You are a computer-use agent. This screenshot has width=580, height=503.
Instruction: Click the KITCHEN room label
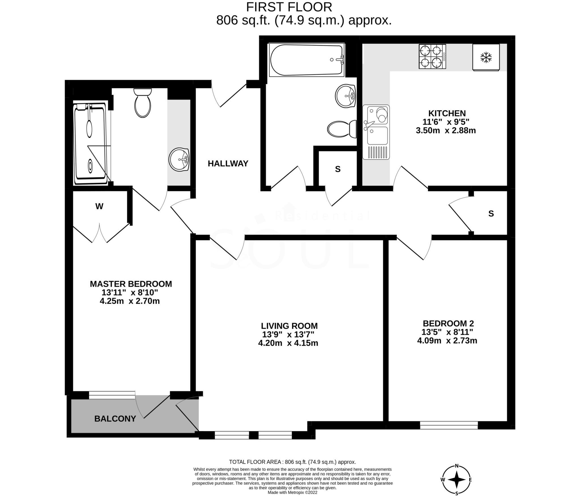[x=447, y=113]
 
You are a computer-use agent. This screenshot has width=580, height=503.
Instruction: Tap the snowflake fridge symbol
[x=486, y=57]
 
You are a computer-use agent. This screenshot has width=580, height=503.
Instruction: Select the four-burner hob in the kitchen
[x=432, y=56]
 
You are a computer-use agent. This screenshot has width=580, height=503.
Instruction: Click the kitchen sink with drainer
[x=376, y=132]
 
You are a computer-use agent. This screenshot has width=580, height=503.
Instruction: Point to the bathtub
[x=307, y=60]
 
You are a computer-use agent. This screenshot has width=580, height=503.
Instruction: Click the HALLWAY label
[x=228, y=163]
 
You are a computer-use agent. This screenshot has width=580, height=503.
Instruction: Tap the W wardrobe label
[x=99, y=206]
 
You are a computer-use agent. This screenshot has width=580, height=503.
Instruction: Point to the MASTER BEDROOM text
[x=131, y=284]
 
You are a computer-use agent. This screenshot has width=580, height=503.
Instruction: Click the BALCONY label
[x=115, y=419]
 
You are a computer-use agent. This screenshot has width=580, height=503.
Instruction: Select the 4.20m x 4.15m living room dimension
[x=288, y=343]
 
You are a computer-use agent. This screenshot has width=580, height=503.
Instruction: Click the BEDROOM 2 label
[x=448, y=323]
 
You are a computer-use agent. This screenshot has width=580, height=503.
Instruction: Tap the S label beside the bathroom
[x=338, y=169]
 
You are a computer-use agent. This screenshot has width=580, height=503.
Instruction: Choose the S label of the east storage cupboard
[x=491, y=214]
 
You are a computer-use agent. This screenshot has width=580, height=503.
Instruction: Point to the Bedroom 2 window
[x=449, y=425]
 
